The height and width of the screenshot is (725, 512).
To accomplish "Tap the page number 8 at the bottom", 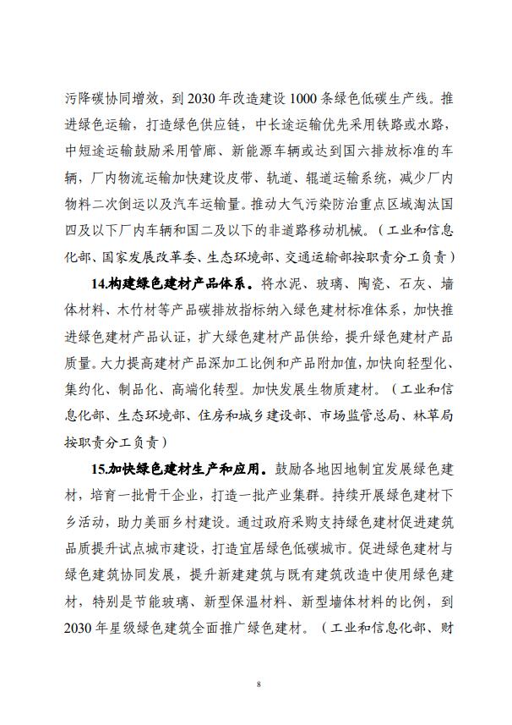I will tap(256, 683).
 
